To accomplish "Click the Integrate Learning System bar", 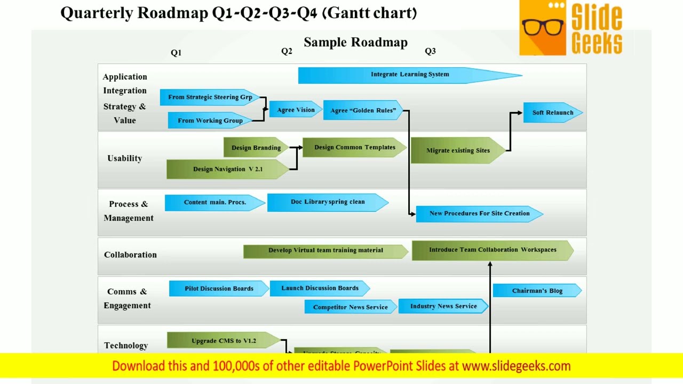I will [x=409, y=75].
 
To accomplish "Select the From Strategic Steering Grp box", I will [x=210, y=97].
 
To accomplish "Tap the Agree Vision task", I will [x=296, y=110].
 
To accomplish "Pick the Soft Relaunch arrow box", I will [x=553, y=113].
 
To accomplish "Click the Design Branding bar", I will [x=256, y=148].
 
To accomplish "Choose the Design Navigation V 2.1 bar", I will [x=228, y=169].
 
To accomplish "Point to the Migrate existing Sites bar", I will [x=458, y=150].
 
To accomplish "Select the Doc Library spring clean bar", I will [x=328, y=202].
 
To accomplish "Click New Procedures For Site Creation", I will [x=479, y=213].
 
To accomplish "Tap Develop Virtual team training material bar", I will [x=325, y=250].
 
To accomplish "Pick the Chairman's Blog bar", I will [x=537, y=291].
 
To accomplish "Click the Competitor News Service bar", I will [x=350, y=307].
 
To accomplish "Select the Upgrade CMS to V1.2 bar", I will [x=224, y=341].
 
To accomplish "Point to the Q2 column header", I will [x=287, y=51].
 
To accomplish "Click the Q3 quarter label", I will [x=430, y=51].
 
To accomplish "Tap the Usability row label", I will [x=124, y=158].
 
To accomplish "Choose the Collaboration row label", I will [x=130, y=255].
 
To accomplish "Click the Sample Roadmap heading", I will [x=355, y=43].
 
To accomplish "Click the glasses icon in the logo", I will [x=543, y=27].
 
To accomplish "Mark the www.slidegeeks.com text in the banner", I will [x=516, y=366].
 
